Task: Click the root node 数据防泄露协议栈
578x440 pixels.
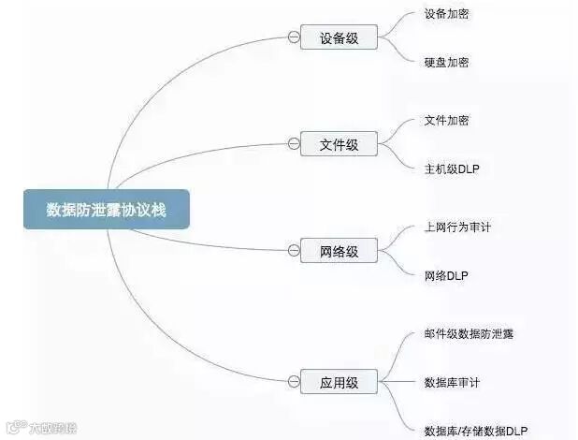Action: (107, 210)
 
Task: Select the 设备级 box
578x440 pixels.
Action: (339, 37)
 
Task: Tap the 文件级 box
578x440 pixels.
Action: (339, 144)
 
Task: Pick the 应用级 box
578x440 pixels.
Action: (339, 382)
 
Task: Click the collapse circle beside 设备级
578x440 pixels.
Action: (294, 37)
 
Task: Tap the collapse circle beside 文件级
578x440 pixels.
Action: (294, 144)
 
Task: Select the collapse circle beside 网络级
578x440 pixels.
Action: (294, 250)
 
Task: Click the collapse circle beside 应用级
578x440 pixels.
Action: (294, 382)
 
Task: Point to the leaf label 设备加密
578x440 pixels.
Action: (446, 15)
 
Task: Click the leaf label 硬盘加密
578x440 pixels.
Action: (446, 62)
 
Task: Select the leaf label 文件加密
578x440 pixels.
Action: (446, 121)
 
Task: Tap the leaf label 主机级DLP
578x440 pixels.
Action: (451, 169)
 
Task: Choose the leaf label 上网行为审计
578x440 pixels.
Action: (456, 227)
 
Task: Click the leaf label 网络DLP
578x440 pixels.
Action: (446, 275)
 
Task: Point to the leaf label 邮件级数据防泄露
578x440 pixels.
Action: (468, 334)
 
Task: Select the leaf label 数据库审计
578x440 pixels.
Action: (452, 382)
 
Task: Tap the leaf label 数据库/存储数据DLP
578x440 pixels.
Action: (475, 429)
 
